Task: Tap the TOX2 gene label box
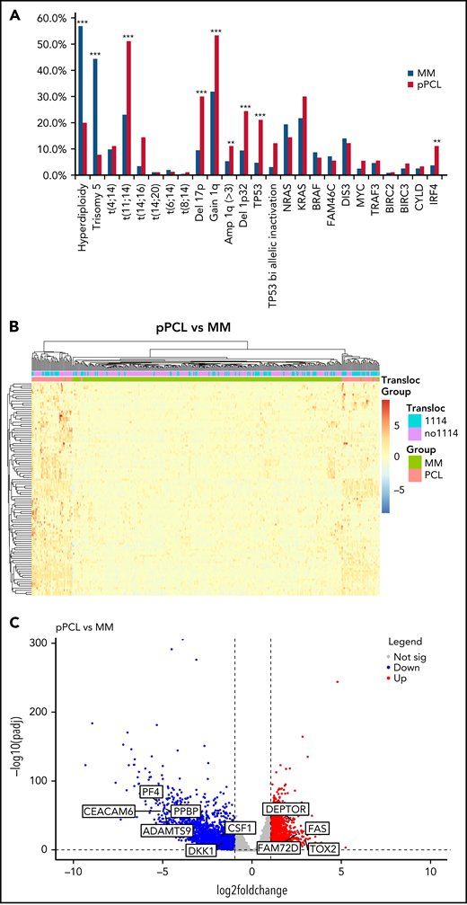tap(322, 848)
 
